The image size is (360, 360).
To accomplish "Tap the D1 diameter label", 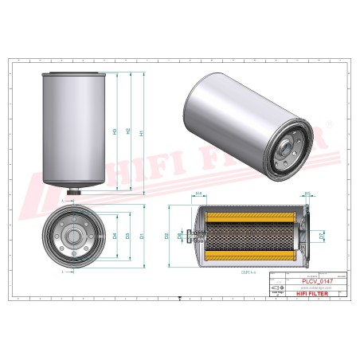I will [x=141, y=236].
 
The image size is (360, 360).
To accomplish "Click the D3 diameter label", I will [x=128, y=236].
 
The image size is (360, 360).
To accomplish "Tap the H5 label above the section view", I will [x=307, y=193].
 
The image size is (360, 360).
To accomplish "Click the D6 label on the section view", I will [x=180, y=236].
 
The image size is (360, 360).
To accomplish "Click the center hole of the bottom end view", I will [x=72, y=236].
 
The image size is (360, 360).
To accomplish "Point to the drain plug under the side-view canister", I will [x=72, y=190].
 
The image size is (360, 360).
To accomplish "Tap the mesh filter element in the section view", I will [x=250, y=236].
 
